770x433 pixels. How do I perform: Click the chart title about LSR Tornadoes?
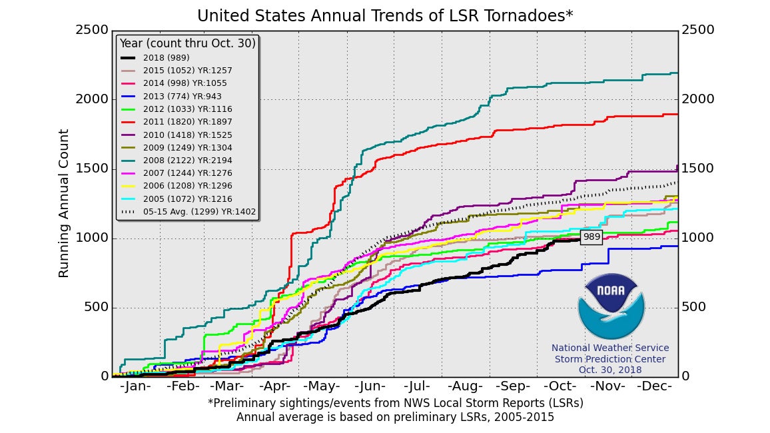pos(385,15)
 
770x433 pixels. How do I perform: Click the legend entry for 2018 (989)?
pos(167,58)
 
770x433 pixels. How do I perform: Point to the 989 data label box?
pos(591,236)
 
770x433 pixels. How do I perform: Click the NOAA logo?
pos(611,306)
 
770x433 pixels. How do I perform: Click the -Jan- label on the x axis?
pos(137,386)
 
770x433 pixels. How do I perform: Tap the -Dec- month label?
pos(654,386)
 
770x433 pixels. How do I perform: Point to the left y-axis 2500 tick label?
pos(92,30)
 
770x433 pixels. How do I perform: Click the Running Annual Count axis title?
pos(64,203)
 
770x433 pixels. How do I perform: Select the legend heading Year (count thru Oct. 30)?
pos(187,43)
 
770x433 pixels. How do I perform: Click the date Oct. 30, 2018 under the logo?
pos(610,370)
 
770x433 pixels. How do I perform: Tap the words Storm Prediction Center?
pos(610,359)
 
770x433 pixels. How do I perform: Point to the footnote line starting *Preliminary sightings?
pos(395,403)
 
